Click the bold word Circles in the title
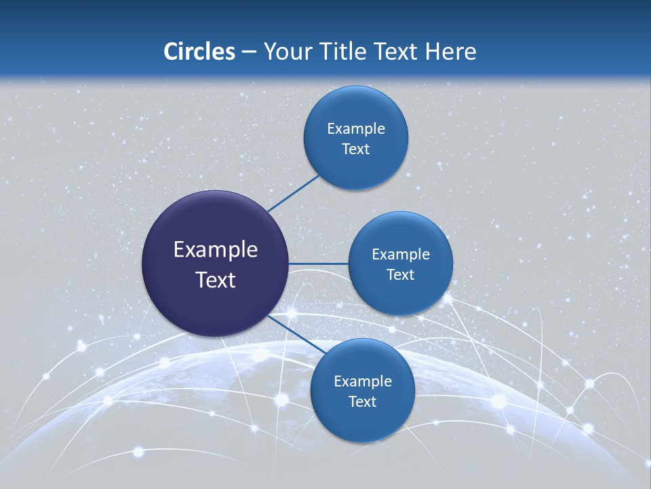[199, 52]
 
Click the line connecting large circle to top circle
[294, 194]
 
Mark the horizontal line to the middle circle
[318, 264]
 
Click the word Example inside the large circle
[215, 250]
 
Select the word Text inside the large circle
[215, 280]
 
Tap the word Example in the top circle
[355, 128]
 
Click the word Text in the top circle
[355, 149]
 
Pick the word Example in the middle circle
[400, 254]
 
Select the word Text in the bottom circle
[362, 401]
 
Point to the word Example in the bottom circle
[362, 381]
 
